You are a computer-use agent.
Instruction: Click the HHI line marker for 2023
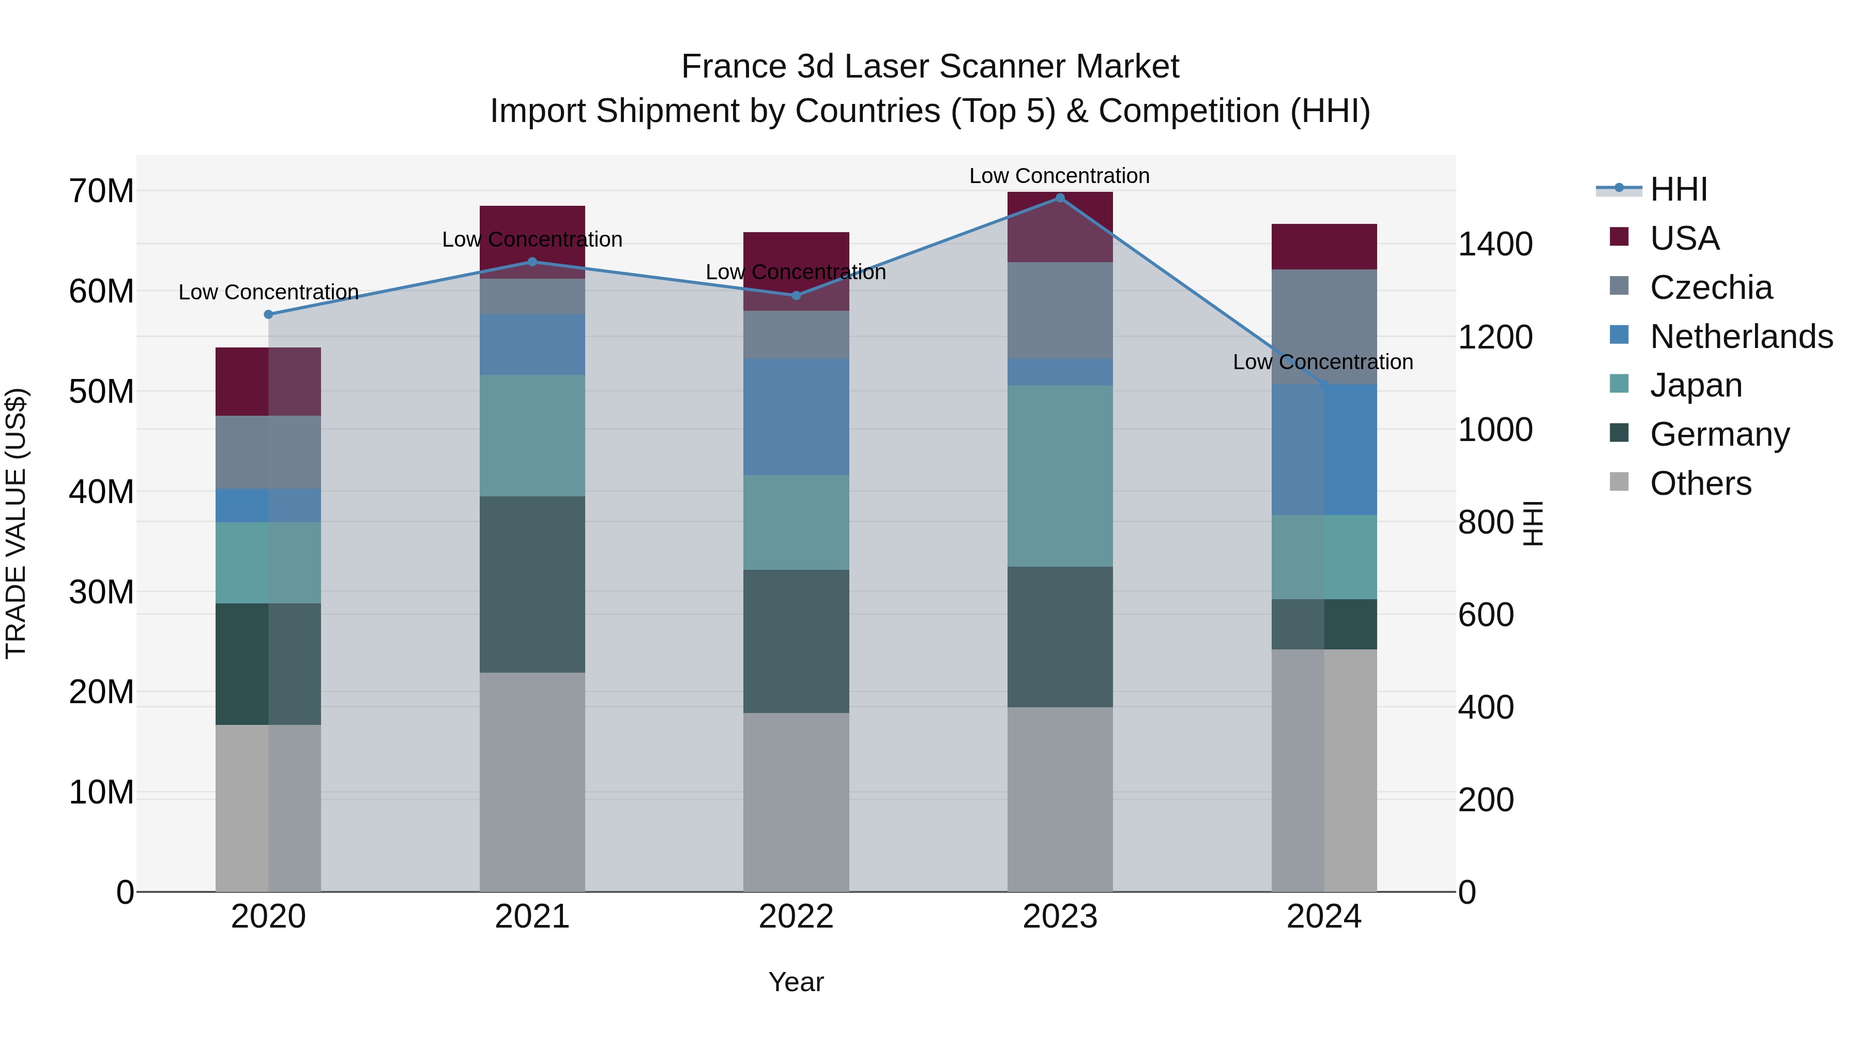[1060, 198]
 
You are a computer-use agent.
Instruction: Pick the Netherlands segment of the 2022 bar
[796, 416]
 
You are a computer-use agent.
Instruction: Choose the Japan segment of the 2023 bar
[1060, 476]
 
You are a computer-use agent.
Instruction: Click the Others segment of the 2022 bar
[796, 802]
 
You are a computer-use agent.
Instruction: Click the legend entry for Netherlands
[1741, 337]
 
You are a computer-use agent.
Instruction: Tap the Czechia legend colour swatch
[1619, 285]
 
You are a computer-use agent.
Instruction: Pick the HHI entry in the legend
[1678, 189]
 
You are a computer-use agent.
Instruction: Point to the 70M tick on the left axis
[101, 191]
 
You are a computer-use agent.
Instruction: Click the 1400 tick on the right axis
[1494, 244]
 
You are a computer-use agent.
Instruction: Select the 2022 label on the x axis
[796, 917]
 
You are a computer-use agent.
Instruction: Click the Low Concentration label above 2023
[1059, 176]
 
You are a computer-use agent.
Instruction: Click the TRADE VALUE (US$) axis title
[16, 523]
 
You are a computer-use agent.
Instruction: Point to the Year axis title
[796, 982]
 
